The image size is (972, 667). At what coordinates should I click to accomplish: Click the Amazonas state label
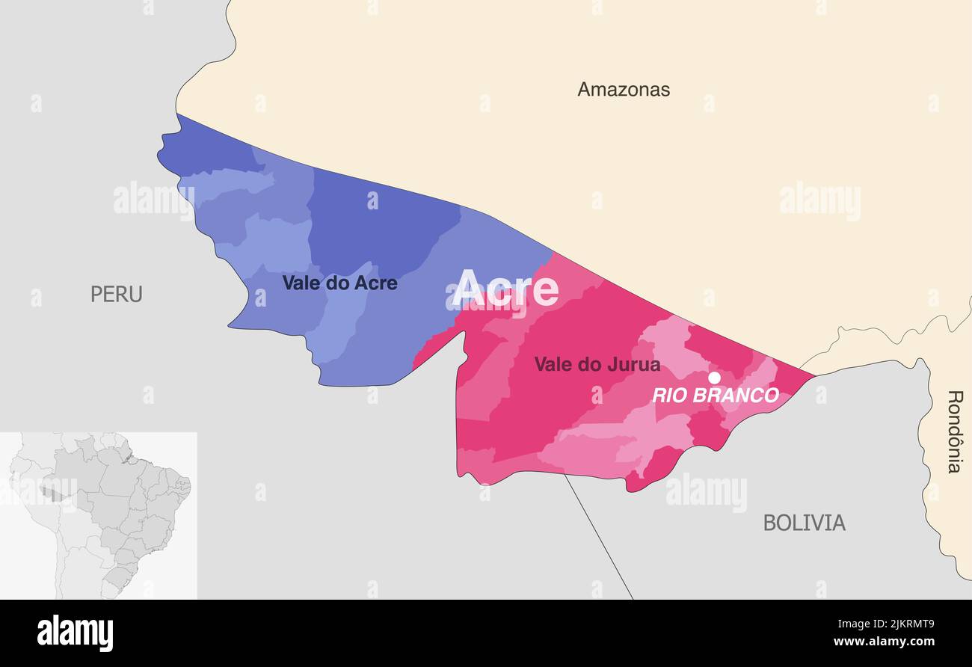[623, 90]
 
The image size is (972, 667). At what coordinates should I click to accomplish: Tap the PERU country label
[116, 294]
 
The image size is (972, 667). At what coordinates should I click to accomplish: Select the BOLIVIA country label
[804, 523]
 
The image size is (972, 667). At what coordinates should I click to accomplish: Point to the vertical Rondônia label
[954, 431]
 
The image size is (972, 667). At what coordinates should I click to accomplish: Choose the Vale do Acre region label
[339, 283]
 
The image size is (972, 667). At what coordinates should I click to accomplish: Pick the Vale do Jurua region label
[597, 364]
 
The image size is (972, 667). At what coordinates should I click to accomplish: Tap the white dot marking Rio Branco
[714, 378]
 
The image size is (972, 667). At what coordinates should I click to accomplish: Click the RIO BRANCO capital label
[716, 396]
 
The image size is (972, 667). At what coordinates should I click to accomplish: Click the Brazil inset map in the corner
[99, 515]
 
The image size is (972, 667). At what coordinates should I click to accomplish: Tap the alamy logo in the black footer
[75, 633]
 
